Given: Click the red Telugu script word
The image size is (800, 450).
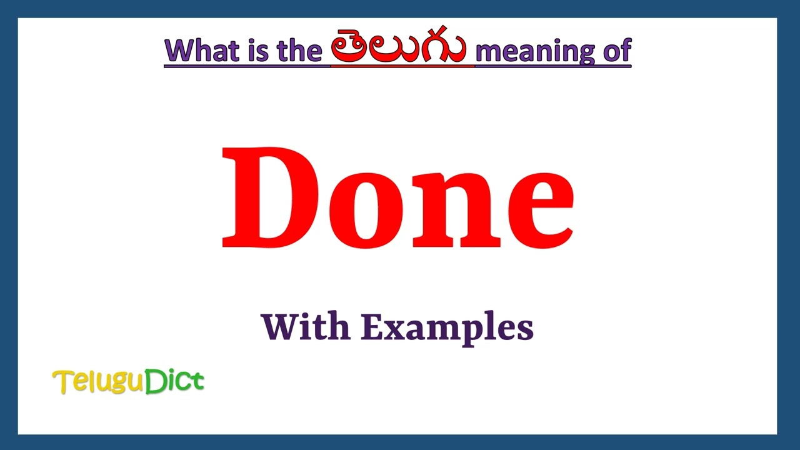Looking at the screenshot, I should pyautogui.click(x=398, y=47).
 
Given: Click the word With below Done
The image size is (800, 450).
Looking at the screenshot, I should pyautogui.click(x=306, y=326).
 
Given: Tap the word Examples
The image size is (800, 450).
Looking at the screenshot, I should pyautogui.click(x=447, y=327).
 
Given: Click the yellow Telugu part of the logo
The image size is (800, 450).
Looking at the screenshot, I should pyautogui.click(x=99, y=382).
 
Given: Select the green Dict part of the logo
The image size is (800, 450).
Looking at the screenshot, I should pyautogui.click(x=175, y=381).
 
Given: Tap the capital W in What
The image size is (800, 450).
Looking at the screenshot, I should pyautogui.click(x=178, y=50).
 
